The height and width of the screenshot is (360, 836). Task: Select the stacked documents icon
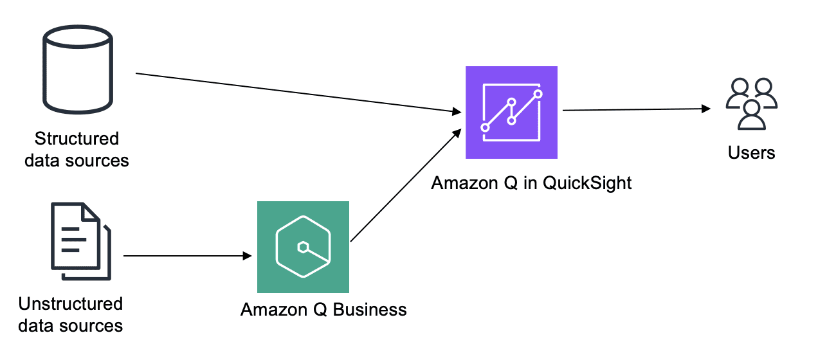coord(80,241)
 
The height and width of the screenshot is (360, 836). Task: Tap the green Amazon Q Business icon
coord(303,247)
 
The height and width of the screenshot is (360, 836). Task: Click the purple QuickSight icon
coord(511,113)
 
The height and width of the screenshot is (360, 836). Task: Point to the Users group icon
coord(751,104)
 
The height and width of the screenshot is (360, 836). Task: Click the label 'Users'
coord(751,153)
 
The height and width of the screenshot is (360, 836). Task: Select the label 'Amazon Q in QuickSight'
coord(531,183)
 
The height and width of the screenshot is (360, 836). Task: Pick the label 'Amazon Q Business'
coord(323,310)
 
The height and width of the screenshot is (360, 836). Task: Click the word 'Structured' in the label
coord(77,139)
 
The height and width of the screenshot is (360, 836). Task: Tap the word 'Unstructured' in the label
coord(71,303)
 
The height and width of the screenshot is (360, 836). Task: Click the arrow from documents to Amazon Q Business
coord(186,256)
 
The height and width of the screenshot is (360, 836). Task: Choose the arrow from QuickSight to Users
coord(637,109)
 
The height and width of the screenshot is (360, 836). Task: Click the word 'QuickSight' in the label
coord(587,183)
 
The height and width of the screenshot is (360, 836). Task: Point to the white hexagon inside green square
coord(302,247)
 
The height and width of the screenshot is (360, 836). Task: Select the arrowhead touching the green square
coord(247,256)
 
